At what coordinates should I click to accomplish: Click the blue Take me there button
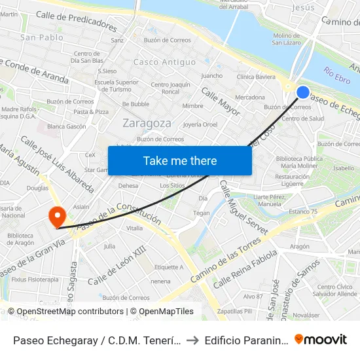pyautogui.click(x=180, y=161)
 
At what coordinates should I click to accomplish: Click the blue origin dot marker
pyautogui.click(x=303, y=92)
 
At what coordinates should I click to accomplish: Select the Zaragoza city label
pyautogui.click(x=147, y=123)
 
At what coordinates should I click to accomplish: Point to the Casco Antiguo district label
pyautogui.click(x=164, y=62)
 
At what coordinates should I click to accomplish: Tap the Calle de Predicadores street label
pyautogui.click(x=77, y=21)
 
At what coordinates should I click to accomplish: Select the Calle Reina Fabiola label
pyautogui.click(x=245, y=268)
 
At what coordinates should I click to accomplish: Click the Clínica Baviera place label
pyautogui.click(x=256, y=77)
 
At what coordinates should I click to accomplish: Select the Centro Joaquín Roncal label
pyautogui.click(x=170, y=88)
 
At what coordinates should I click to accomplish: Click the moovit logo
pyautogui.click(x=321, y=339)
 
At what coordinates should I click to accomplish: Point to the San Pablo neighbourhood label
pyautogui.click(x=42, y=37)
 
